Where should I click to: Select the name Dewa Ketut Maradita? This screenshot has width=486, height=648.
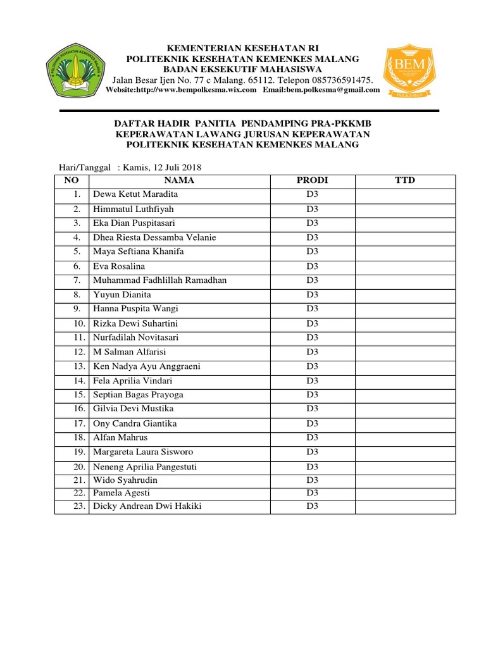[x=135, y=194]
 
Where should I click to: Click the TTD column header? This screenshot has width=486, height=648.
[x=405, y=181]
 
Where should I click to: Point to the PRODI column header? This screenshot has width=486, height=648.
[x=313, y=181]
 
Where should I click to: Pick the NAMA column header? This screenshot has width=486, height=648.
[x=180, y=181]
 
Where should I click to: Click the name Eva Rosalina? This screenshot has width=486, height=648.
[x=119, y=266]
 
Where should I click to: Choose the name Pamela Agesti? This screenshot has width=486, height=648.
[x=121, y=493]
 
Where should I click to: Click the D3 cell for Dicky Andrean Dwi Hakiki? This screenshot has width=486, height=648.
[x=313, y=506]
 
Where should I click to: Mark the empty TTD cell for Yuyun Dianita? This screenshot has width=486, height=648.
[x=405, y=295]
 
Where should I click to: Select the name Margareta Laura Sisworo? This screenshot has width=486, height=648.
[x=143, y=452]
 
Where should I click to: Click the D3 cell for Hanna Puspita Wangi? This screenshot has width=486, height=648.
[x=313, y=309]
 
